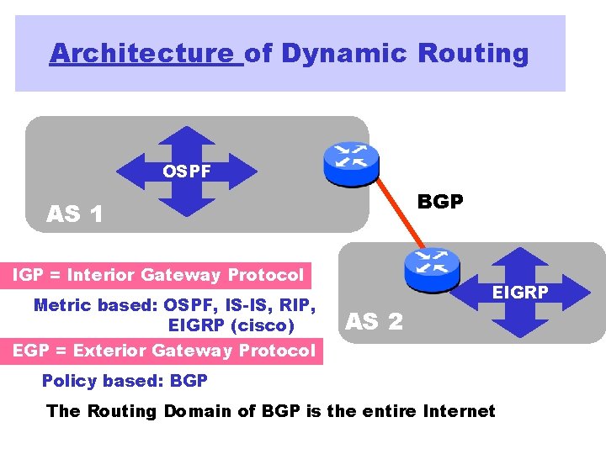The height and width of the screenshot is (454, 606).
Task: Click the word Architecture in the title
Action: click(141, 53)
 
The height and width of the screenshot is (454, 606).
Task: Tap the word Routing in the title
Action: click(473, 53)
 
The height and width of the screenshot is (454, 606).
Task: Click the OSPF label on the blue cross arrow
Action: click(187, 172)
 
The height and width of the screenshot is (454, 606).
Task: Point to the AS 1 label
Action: click(75, 214)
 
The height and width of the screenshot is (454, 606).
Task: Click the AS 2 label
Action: click(375, 320)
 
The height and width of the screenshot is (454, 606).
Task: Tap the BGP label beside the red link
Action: click(440, 203)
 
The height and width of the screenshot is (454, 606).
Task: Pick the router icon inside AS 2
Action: click(431, 266)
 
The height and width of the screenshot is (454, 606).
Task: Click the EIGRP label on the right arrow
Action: click(520, 292)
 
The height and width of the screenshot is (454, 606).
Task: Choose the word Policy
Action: click(68, 381)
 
